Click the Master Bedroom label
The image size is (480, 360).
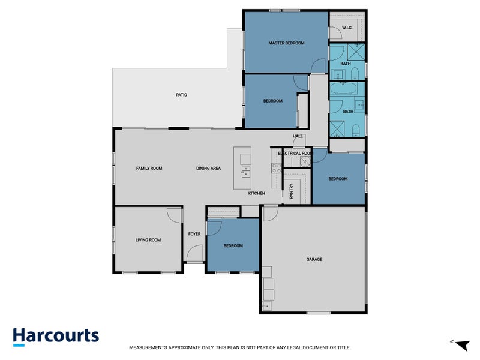[x=286, y=43]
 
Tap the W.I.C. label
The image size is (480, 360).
[x=347, y=28]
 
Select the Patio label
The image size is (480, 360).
[x=182, y=95]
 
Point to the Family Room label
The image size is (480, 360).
[x=149, y=169]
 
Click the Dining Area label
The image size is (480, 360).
[x=208, y=169]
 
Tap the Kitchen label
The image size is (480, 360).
[x=257, y=193]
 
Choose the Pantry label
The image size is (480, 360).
[x=292, y=191]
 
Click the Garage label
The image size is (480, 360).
[x=314, y=259]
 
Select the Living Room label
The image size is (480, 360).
[x=148, y=240]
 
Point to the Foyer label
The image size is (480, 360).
[x=194, y=234]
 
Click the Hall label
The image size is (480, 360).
[x=298, y=136]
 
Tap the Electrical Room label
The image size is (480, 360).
[x=295, y=153]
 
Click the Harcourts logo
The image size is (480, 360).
[x=56, y=337]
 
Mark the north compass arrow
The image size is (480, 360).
[x=462, y=344]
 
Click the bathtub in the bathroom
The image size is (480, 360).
[x=343, y=89]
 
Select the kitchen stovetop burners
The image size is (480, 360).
[x=277, y=169]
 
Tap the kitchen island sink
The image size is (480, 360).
[x=245, y=172]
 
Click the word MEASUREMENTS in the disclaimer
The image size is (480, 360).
[x=148, y=347]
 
